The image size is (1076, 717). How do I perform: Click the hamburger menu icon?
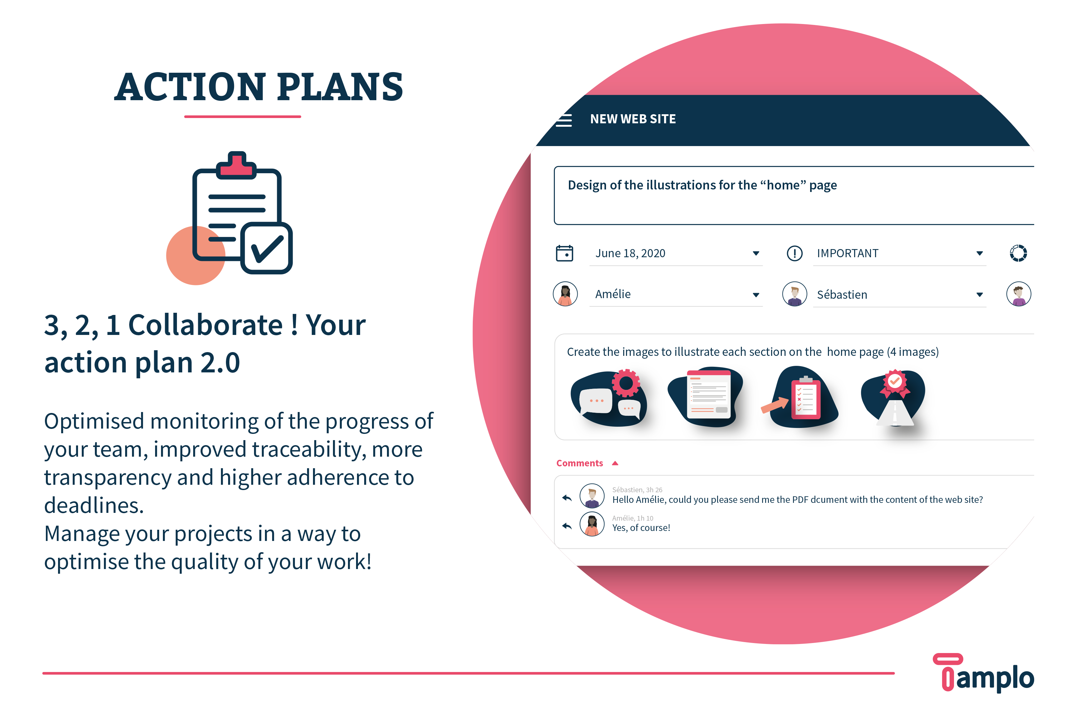(564, 120)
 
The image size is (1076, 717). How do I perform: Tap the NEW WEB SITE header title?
(633, 119)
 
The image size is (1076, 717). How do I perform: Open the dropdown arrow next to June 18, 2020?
(756, 253)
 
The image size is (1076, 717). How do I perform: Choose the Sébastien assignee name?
(842, 294)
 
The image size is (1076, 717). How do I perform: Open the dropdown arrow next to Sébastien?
(979, 294)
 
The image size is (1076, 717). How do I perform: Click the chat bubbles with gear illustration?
(609, 397)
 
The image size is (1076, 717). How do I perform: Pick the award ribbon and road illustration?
(893, 397)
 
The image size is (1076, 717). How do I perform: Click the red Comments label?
(579, 463)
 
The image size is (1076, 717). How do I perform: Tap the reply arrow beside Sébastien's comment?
(566, 498)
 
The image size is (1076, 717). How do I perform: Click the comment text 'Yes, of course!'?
(641, 528)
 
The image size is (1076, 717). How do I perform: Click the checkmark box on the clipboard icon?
(267, 248)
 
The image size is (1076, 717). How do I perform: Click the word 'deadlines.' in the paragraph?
(94, 505)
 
